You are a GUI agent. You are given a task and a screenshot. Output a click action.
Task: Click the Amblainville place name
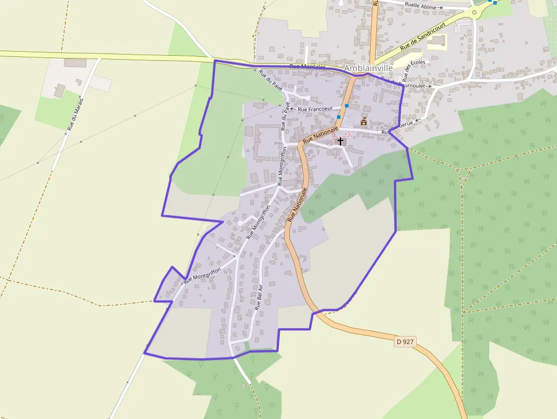point(368,68)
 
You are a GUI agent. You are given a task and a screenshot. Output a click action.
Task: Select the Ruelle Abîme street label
point(421,6)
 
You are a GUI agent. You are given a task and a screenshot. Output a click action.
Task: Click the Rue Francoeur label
point(315,109)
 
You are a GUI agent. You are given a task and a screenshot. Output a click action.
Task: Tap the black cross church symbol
point(340,141)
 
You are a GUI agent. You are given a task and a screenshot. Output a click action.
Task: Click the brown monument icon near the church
point(364,122)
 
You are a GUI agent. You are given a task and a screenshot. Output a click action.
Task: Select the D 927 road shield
point(405,342)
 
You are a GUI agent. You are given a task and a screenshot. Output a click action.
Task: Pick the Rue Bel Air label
point(260,296)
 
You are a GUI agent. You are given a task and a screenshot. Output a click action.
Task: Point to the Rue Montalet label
point(307,67)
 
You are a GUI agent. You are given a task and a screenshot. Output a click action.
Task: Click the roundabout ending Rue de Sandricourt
point(474,11)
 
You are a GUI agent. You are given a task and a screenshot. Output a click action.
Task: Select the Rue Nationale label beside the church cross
point(320,134)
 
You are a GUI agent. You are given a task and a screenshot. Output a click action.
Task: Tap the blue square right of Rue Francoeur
point(346,106)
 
